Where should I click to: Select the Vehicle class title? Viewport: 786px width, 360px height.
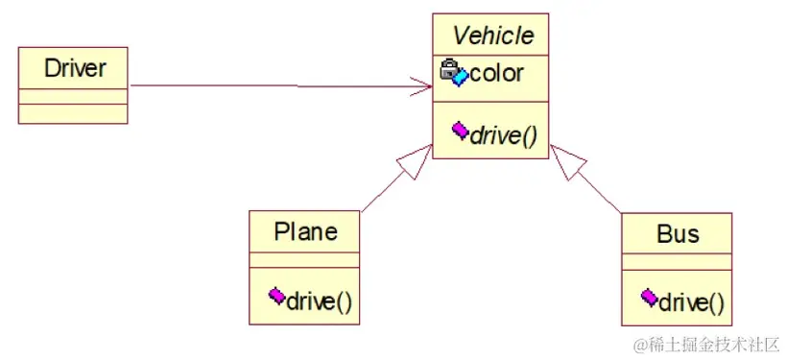point(492,36)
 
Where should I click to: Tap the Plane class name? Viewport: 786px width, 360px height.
point(305,231)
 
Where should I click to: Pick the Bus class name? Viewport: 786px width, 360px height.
point(678,234)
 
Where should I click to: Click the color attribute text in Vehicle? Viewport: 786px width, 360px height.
point(496,73)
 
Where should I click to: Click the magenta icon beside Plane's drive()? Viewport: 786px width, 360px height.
point(276,296)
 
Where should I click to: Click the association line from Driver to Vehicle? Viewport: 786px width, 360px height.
point(278,86)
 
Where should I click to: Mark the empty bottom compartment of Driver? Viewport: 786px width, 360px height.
point(73,114)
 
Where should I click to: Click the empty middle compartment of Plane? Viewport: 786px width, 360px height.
point(304,260)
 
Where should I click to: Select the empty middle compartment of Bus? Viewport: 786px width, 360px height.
point(677,262)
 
